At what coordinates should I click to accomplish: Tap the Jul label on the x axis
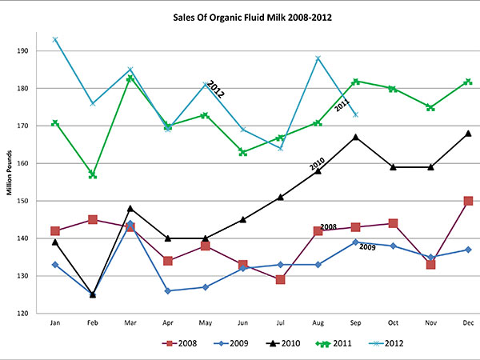(x=280, y=324)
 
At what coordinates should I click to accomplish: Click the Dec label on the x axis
(x=468, y=324)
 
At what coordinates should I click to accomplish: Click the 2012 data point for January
(x=54, y=39)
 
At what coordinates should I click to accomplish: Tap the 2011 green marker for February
(x=92, y=174)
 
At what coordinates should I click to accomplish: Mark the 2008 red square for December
(x=468, y=201)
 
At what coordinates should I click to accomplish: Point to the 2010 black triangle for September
(x=355, y=137)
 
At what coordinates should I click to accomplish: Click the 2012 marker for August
(x=318, y=58)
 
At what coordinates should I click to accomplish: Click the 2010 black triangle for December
(x=468, y=134)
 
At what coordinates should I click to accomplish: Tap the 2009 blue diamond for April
(x=167, y=291)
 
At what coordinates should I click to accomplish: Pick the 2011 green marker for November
(x=430, y=107)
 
